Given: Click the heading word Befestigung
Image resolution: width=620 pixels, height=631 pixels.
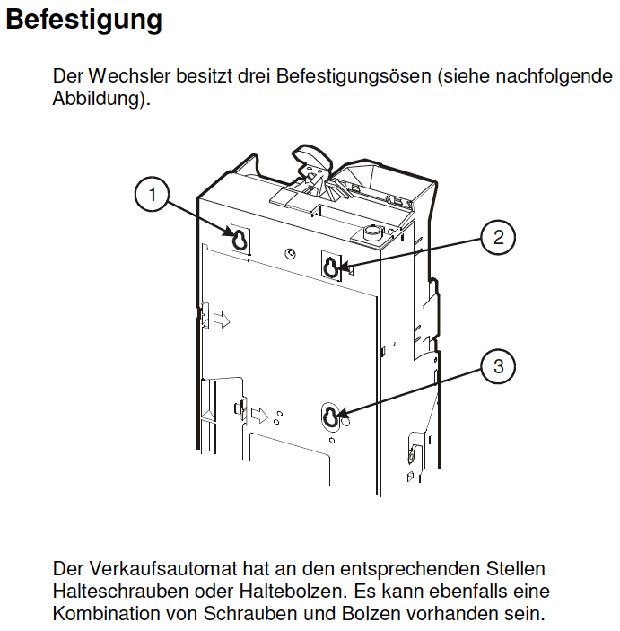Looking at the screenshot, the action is [x=83, y=21].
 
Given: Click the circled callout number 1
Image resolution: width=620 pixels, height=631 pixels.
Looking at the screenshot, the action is [x=152, y=195].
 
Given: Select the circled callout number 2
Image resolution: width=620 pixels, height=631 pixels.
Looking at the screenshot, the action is [x=498, y=237].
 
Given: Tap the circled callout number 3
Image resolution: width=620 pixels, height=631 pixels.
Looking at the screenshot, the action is [x=498, y=366].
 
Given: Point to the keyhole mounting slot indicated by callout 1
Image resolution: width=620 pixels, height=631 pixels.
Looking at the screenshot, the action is [x=240, y=240].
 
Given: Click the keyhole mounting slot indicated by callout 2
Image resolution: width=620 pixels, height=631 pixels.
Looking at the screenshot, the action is [x=331, y=266].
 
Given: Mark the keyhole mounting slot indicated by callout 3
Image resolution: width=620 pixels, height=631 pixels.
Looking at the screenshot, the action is [x=331, y=416].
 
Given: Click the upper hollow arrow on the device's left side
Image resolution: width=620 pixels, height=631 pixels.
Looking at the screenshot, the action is [x=222, y=320].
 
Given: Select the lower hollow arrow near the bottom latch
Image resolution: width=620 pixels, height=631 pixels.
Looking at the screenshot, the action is [x=259, y=415].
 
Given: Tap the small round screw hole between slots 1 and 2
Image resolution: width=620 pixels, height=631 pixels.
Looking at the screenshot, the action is [x=290, y=253].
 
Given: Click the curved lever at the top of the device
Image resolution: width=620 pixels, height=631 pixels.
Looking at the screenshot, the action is [x=312, y=159].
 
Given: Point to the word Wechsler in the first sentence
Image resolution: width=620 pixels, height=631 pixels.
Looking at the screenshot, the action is [x=129, y=76].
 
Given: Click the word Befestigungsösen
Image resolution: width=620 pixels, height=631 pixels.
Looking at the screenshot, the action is [x=354, y=76].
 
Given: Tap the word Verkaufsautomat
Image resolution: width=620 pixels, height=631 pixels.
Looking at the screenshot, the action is [x=163, y=569].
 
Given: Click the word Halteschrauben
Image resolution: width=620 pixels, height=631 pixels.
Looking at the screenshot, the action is [x=120, y=592].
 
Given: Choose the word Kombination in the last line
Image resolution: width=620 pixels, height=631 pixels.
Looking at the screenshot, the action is [x=105, y=614].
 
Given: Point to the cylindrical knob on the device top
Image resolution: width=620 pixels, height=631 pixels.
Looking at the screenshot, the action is [x=371, y=232].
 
